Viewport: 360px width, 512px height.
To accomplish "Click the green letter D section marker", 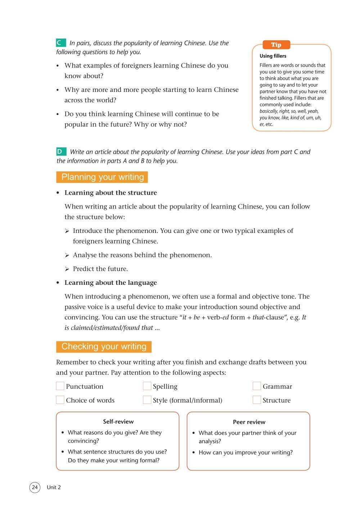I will pos(61,152).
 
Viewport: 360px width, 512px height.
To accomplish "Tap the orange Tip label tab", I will pos(276,45).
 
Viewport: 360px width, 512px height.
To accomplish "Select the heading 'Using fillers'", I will pos(273,56).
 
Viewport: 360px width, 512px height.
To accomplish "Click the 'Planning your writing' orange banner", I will pos(102,177).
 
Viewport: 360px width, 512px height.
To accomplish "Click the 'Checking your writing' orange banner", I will pos(104,346).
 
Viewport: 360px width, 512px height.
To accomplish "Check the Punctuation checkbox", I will pos(60,386).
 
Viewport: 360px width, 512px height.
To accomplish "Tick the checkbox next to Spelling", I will pos(147,386).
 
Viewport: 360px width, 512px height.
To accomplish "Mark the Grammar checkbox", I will pos(257,386).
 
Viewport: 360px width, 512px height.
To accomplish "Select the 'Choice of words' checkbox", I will pos(60,400).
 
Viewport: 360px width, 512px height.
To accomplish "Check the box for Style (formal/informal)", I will pos(147,400).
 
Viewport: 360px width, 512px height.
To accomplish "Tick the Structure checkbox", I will pos(257,400).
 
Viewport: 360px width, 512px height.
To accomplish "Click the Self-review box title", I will pos(118,422).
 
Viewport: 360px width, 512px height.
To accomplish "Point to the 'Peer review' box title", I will pos(249,422).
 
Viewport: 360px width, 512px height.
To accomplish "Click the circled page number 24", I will pos(35,488).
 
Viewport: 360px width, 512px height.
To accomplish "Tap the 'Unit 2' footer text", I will pos(54,488).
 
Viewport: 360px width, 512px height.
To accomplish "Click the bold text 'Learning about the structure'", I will pos(111,193).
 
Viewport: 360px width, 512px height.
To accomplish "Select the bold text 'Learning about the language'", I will pos(111,283).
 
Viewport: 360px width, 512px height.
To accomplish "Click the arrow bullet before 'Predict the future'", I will pos(67,269).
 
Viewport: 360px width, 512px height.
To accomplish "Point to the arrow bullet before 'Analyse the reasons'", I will pos(67,255).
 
